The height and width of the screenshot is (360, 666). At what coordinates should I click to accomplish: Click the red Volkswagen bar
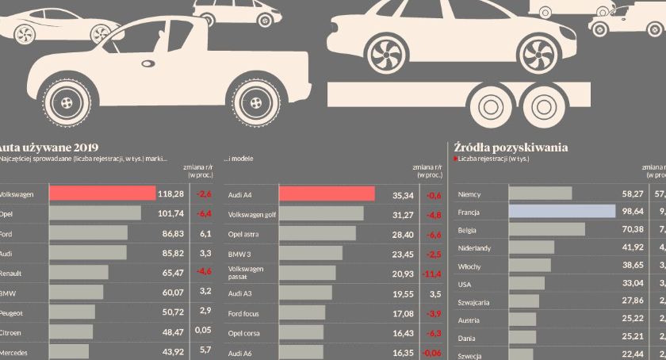(x=102, y=193)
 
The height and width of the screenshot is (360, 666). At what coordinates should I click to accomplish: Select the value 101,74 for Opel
(x=170, y=213)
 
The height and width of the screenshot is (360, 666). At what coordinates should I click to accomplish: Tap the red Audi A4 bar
(x=327, y=193)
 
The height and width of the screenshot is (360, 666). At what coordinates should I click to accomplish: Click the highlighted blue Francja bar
(x=561, y=213)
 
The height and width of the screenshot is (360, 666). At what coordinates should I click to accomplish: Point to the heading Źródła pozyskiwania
(x=511, y=147)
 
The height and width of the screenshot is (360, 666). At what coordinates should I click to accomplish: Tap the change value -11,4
(x=432, y=274)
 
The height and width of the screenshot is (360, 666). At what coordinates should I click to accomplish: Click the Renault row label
(x=13, y=273)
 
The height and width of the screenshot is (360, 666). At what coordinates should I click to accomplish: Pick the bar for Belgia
(x=546, y=230)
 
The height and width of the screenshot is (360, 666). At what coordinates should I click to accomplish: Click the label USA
(x=465, y=283)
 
